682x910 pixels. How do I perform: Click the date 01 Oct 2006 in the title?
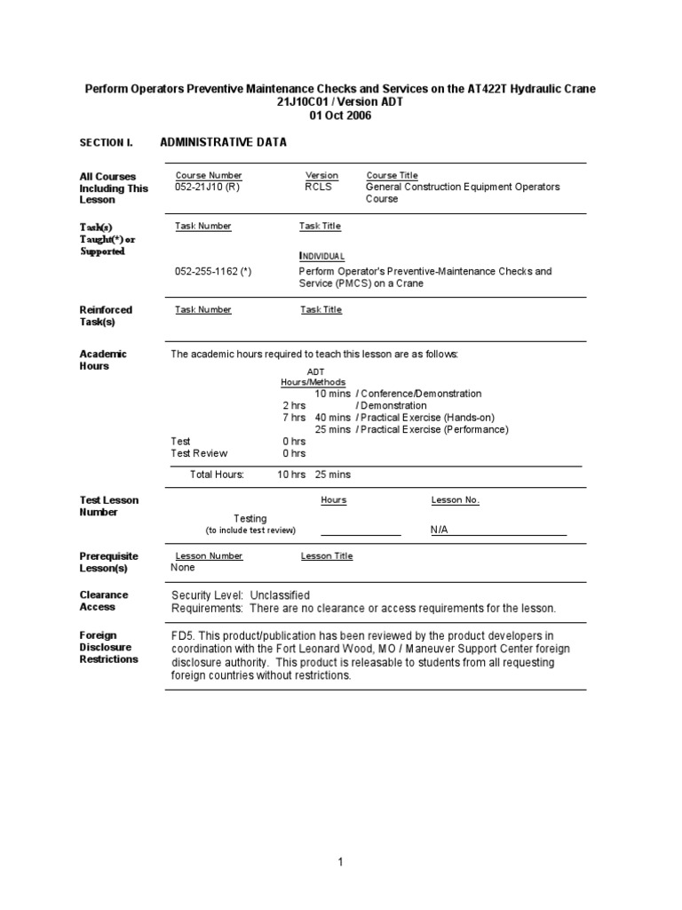tap(341, 116)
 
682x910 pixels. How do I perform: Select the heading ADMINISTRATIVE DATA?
tap(223, 142)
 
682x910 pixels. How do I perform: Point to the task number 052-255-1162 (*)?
tap(213, 271)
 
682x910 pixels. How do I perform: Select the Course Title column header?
tap(392, 176)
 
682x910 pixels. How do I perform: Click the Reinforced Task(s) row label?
tap(106, 315)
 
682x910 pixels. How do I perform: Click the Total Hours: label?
tap(217, 475)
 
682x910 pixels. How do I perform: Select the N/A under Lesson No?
tap(440, 530)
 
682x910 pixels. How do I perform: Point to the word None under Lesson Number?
tap(183, 567)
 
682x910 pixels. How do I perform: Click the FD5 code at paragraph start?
tap(182, 635)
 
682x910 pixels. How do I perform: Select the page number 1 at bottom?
tap(340, 862)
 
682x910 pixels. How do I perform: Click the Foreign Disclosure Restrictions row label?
tap(108, 647)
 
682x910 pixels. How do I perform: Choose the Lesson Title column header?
tap(327, 556)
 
